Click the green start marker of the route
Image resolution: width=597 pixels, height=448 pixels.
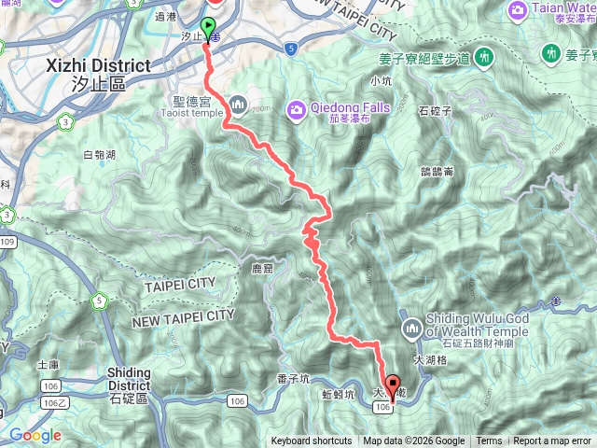(x=207, y=27)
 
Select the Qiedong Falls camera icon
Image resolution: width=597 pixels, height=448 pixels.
(x=297, y=110)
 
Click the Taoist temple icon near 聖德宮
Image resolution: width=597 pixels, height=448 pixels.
(x=238, y=103)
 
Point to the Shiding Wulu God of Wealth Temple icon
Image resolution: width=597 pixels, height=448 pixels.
(x=412, y=328)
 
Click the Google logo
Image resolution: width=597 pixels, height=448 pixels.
(x=35, y=435)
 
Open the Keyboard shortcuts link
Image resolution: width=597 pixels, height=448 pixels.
(x=312, y=441)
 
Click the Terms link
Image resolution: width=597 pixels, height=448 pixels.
(x=489, y=441)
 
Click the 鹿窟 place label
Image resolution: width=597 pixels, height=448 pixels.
(x=264, y=269)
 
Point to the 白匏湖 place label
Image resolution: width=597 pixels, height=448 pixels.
(x=98, y=155)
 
